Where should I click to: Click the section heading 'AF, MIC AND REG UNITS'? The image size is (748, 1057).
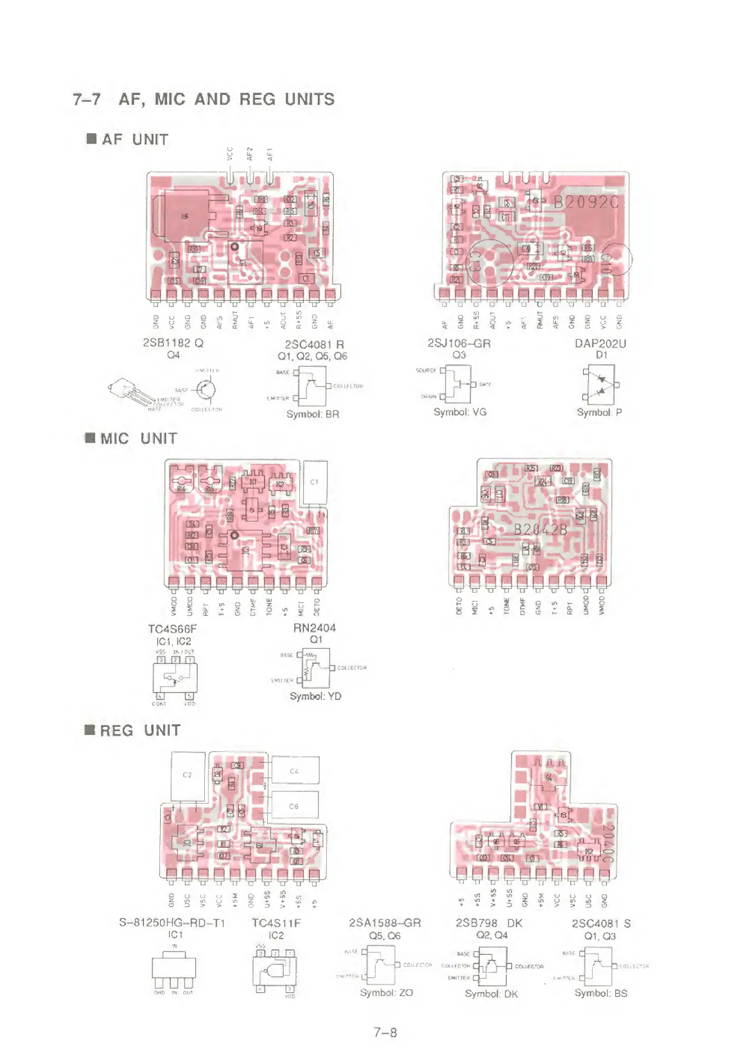coord(226,99)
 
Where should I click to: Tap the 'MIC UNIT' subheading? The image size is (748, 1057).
coord(138,438)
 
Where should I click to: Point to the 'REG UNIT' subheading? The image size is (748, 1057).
coord(140,730)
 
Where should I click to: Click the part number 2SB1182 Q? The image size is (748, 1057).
coord(173,343)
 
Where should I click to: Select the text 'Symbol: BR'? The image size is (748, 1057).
coord(313,414)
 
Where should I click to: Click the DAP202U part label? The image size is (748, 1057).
coord(600,344)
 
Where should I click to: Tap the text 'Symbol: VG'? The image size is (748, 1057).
coord(460,412)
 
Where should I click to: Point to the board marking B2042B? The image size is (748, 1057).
coord(540,530)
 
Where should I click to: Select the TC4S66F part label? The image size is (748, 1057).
coord(172,629)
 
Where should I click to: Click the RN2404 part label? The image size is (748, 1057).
coord(315,628)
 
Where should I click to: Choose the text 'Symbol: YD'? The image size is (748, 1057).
coord(316,696)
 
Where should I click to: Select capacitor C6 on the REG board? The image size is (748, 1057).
coord(294,806)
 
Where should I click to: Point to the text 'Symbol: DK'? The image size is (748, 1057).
coord(491,994)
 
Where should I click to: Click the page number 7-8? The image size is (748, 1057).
coord(385,1033)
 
